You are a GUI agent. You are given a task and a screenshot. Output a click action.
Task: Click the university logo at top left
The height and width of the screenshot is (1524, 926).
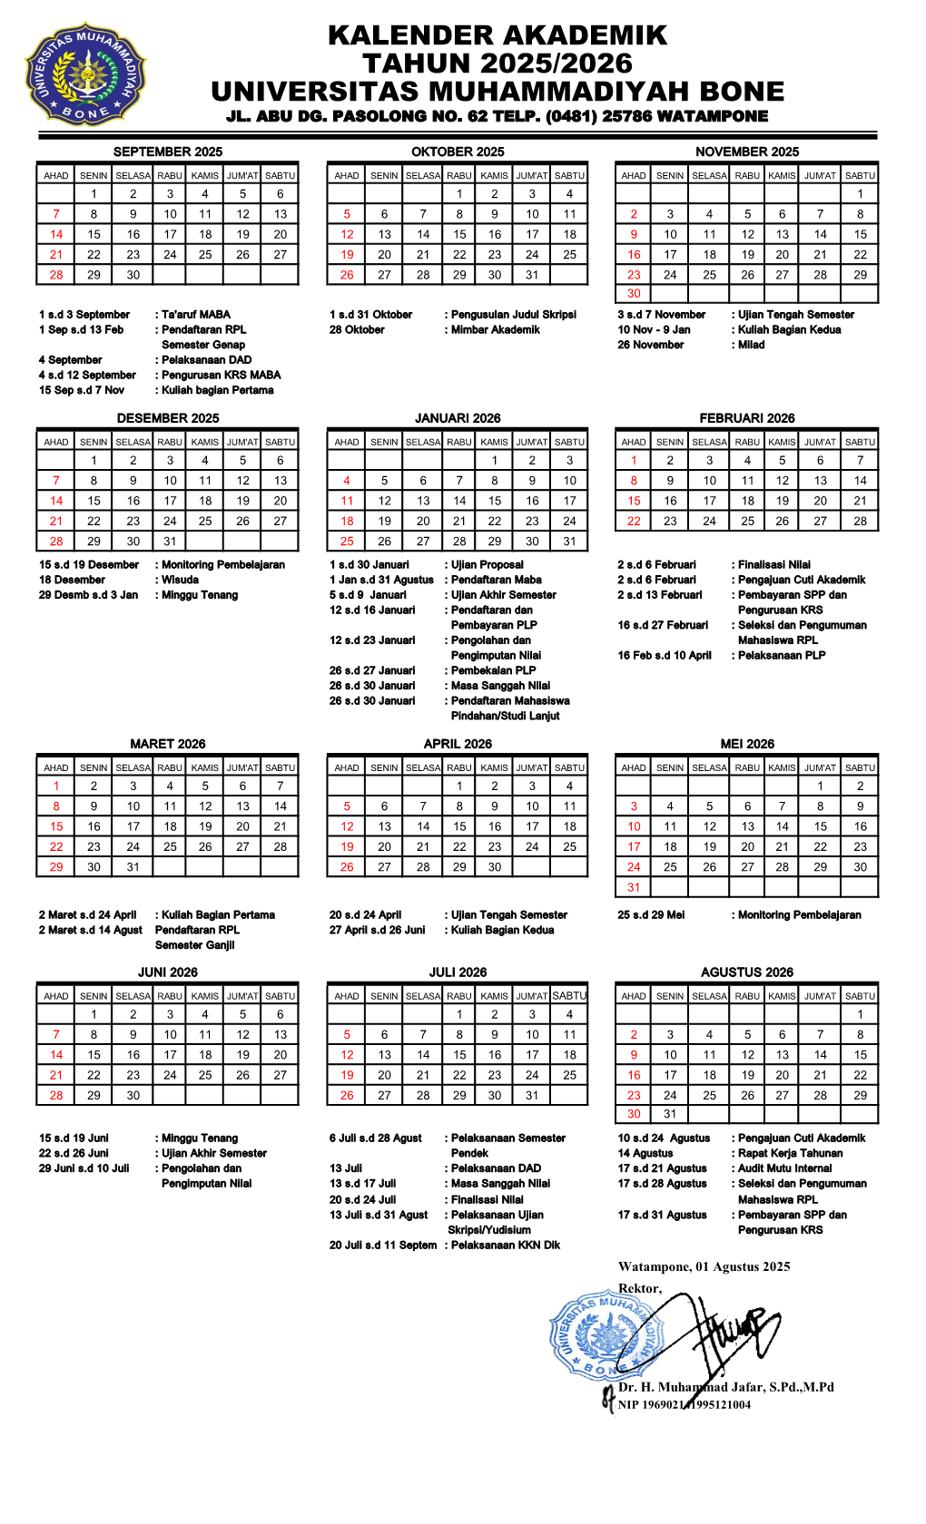(x=84, y=73)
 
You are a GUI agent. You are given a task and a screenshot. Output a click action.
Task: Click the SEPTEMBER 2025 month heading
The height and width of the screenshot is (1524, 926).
(x=168, y=151)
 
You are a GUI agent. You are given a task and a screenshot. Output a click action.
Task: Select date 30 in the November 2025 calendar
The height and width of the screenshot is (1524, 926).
(x=634, y=293)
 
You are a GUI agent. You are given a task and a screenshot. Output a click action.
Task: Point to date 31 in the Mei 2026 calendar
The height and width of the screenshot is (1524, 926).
(x=634, y=887)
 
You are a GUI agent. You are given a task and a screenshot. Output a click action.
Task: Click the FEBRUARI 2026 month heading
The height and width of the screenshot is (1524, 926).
(x=746, y=418)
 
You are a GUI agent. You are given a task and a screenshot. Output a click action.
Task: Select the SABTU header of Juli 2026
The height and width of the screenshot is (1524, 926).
(x=569, y=995)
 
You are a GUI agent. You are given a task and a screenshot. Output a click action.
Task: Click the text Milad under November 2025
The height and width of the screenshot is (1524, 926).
(x=751, y=345)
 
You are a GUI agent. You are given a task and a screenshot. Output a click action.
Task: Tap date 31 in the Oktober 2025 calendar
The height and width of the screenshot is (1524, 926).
(x=532, y=275)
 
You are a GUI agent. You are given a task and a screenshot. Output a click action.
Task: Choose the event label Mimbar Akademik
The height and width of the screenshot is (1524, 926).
(x=495, y=329)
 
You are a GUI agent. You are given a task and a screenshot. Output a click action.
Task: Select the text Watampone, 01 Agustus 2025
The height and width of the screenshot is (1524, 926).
(x=704, y=1266)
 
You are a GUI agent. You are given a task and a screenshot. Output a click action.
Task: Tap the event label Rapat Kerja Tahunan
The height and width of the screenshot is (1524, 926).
(x=790, y=1153)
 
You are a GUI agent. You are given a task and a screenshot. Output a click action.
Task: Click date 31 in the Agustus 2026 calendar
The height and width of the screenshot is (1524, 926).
(x=670, y=1114)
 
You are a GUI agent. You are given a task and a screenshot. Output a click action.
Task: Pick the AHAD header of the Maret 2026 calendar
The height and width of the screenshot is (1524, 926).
(x=56, y=767)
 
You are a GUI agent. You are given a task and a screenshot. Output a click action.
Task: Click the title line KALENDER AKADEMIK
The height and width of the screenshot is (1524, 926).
(x=497, y=35)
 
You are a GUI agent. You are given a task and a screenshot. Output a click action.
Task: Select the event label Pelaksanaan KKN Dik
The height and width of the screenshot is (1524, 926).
(x=506, y=1245)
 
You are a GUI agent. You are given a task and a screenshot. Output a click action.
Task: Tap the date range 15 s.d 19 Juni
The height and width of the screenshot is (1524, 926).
(x=74, y=1138)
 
